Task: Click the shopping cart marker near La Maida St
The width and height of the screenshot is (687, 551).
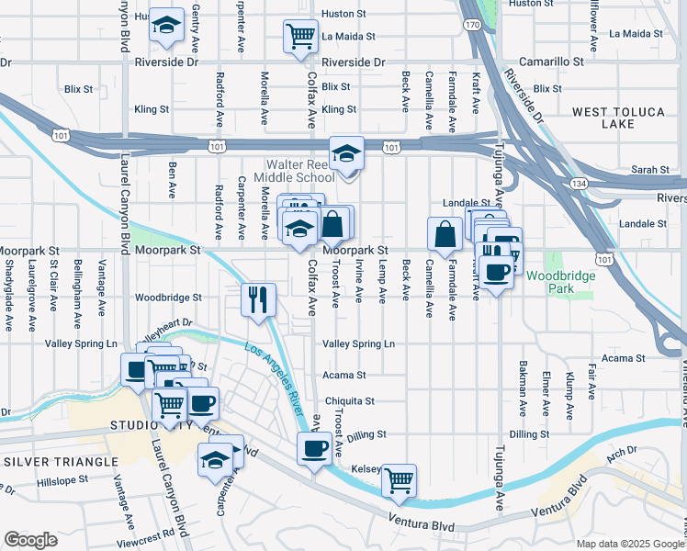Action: pos(301,38)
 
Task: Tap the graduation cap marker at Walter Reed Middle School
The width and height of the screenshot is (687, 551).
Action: pos(346,153)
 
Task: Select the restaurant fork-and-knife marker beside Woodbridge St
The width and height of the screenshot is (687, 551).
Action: pos(258,299)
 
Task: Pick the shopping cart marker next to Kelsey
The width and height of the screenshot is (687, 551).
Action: pos(399,480)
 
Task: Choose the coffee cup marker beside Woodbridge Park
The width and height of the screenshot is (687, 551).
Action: pos(496,272)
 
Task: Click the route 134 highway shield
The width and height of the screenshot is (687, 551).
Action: pos(580,184)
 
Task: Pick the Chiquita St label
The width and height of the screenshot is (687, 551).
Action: pos(348,401)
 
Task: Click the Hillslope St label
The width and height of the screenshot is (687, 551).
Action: pos(61,480)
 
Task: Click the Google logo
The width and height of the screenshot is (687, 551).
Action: pos(30,540)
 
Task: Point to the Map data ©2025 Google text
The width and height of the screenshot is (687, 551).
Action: pos(629,544)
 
